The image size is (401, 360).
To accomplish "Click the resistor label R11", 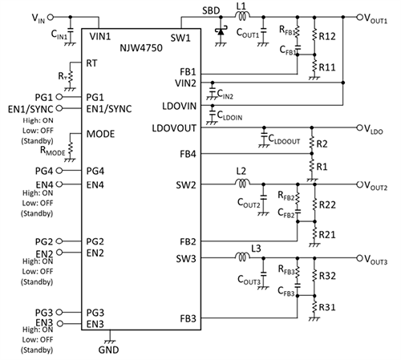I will click(327, 68).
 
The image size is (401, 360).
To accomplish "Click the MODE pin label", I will click(101, 134).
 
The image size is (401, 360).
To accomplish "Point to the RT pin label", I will click(94, 62).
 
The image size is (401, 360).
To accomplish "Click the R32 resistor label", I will click(327, 275).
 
